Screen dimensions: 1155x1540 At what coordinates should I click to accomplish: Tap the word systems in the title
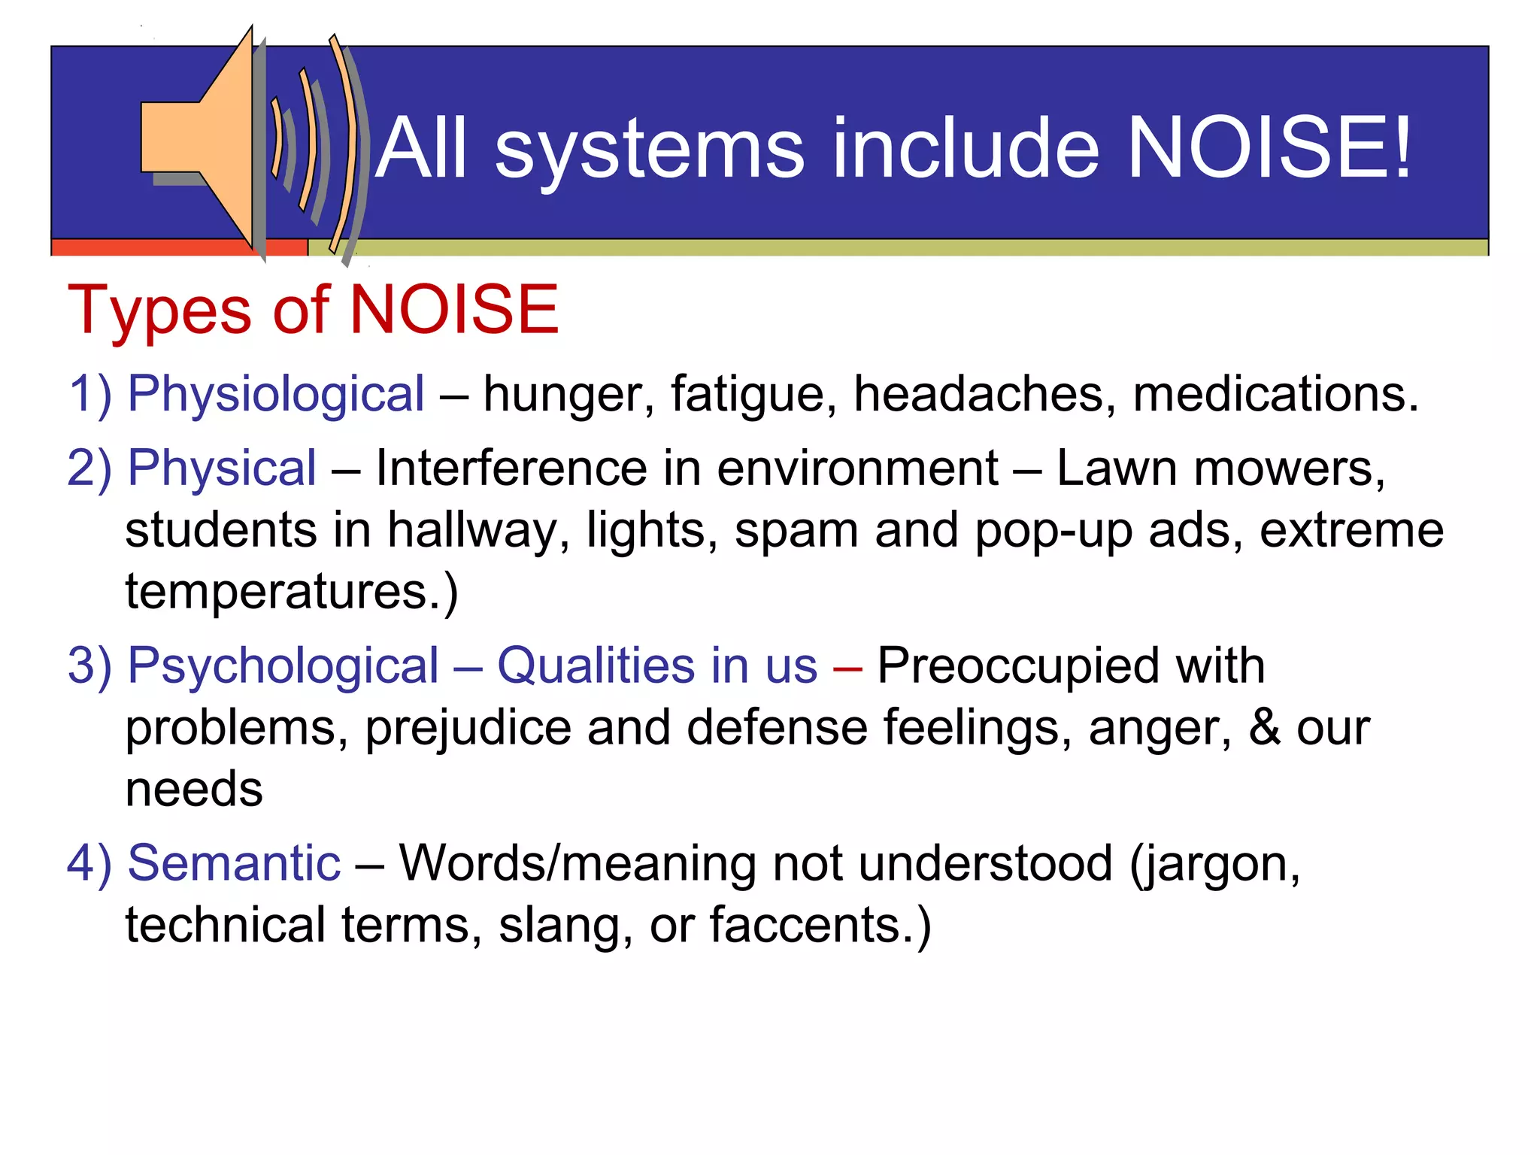(650, 150)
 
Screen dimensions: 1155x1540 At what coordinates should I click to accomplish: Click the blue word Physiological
(276, 394)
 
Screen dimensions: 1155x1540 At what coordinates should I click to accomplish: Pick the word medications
(1275, 394)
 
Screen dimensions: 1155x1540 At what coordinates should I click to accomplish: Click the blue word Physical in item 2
(222, 468)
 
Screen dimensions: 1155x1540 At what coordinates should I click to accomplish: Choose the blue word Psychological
(283, 667)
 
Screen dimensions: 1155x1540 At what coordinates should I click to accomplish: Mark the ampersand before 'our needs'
(1265, 728)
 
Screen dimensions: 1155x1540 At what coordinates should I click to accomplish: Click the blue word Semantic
(234, 863)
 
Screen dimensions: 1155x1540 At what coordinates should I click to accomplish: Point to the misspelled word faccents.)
(820, 925)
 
